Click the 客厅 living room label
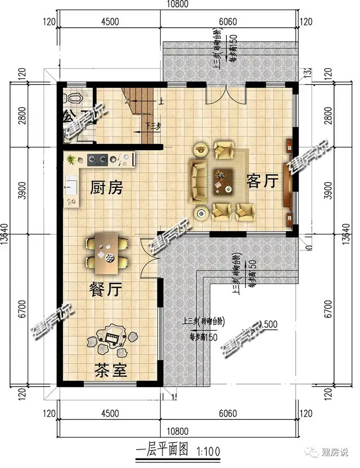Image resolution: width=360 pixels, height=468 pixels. (262, 181)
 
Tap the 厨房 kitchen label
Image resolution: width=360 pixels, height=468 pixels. (106, 188)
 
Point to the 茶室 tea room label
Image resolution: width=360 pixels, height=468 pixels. (110, 371)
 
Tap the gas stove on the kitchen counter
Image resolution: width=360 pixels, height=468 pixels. (98, 160)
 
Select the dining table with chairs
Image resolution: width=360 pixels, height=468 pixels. (107, 251)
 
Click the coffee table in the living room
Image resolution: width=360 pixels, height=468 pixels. (223, 181)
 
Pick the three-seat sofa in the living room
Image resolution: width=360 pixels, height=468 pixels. (198, 181)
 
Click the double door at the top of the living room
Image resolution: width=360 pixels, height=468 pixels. (225, 94)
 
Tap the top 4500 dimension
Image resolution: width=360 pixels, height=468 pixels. (110, 22)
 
